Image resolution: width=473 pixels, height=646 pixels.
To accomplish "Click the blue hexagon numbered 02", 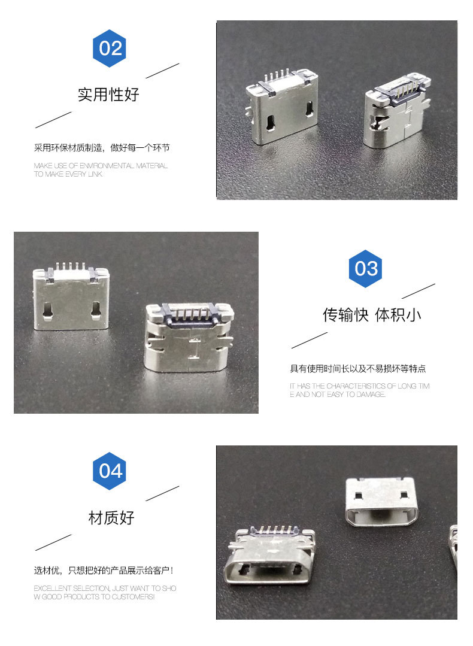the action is (109, 48).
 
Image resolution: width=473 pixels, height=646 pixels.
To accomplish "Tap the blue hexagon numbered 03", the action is (365, 269).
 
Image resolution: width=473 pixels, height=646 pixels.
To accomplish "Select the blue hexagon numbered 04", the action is (109, 471).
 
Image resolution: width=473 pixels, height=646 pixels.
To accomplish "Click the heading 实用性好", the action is (109, 95).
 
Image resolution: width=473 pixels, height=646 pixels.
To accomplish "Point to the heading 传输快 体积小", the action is (372, 315).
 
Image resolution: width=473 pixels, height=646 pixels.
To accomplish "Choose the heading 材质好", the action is (111, 518).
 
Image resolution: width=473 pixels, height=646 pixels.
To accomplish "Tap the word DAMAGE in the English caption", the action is (371, 395).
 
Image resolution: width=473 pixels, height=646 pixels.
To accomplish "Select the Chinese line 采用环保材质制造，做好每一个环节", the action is (102, 147).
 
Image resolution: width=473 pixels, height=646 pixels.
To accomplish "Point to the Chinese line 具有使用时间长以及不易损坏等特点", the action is (357, 368).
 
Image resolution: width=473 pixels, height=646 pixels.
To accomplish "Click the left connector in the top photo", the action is (282, 107).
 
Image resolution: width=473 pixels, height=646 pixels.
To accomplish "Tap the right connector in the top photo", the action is (398, 111).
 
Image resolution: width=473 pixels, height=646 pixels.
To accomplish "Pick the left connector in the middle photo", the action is (71, 296).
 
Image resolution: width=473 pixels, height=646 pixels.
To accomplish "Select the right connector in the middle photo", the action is (189, 336).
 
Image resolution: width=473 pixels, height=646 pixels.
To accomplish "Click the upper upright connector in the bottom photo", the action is (381, 502).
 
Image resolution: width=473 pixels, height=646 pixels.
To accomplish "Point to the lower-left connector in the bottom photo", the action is (270, 554).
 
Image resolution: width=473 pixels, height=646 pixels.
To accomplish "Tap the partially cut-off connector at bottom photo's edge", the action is (453, 548).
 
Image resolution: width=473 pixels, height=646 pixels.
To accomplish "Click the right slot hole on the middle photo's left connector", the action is (96, 311).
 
